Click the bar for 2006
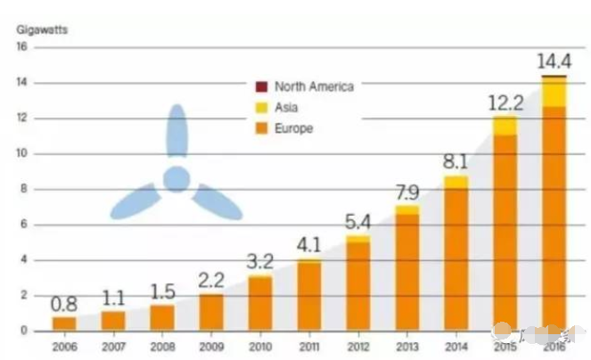click(x=64, y=323)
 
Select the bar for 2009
click(x=211, y=312)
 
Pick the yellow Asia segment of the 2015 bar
click(x=505, y=126)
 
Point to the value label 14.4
click(x=554, y=62)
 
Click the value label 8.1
click(x=456, y=161)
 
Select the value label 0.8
click(x=64, y=303)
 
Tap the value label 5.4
click(x=357, y=221)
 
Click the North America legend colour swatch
click(x=261, y=86)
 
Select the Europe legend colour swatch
click(x=261, y=128)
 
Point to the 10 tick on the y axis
click(x=21, y=153)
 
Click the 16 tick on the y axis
click(x=21, y=47)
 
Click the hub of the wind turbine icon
click(x=176, y=179)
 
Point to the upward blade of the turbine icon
click(x=176, y=134)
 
